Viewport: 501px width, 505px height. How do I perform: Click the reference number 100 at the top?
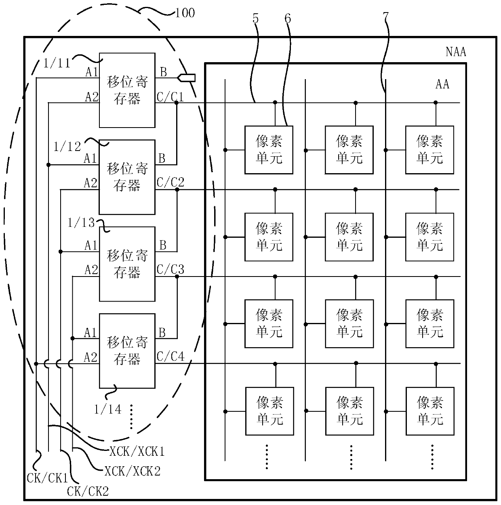tap(185, 13)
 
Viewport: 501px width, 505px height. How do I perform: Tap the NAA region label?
tap(456, 52)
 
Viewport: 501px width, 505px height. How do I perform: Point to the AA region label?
tap(442, 84)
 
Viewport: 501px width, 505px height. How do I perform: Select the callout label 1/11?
tap(57, 63)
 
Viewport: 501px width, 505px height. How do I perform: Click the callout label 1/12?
tap(67, 147)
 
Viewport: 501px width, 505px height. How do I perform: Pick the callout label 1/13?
tap(81, 222)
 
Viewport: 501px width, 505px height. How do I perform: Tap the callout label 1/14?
tap(108, 409)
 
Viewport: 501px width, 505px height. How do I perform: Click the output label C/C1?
tap(170, 97)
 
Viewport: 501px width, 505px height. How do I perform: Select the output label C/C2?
tap(171, 182)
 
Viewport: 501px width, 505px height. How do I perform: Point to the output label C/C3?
tap(171, 269)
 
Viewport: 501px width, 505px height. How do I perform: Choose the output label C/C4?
tap(171, 356)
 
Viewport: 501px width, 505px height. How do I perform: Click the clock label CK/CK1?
tap(48, 478)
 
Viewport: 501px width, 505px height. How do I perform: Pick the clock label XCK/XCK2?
tap(133, 471)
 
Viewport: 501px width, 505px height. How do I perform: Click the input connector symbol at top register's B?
tap(186, 78)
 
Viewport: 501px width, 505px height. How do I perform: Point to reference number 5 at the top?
tap(255, 18)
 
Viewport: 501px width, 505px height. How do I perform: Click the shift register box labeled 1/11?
tap(127, 90)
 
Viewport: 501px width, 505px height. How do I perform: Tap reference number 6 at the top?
tap(288, 18)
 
